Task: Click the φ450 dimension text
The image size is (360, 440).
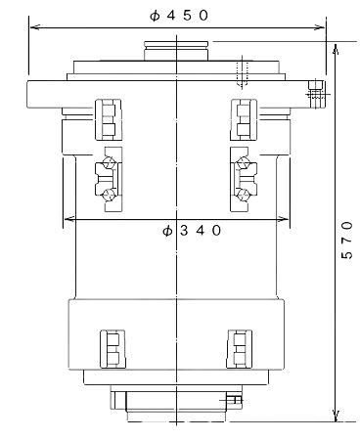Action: (x=179, y=16)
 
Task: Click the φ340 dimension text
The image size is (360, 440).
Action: (x=192, y=231)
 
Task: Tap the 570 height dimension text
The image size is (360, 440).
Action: (x=347, y=240)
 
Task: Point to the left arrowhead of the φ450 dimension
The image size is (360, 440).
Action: (x=34, y=27)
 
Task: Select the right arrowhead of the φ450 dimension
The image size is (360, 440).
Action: (x=320, y=27)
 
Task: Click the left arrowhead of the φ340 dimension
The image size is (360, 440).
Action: (x=69, y=219)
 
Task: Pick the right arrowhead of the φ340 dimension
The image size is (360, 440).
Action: (x=283, y=219)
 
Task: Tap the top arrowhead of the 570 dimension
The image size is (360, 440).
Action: (x=336, y=48)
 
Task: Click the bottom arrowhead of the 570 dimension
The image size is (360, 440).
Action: (x=336, y=417)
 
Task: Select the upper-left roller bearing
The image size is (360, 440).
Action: (x=109, y=119)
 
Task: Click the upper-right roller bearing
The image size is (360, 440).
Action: (x=244, y=119)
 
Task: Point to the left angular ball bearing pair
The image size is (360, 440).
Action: (x=109, y=179)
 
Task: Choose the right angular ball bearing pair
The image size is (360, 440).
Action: (x=244, y=179)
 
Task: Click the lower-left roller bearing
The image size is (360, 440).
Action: (x=112, y=349)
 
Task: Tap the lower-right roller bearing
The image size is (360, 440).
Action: (x=240, y=349)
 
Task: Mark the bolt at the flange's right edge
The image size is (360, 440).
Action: (x=316, y=95)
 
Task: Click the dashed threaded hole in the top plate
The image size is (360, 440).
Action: (x=242, y=71)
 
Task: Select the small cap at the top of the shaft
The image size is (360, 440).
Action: (x=176, y=51)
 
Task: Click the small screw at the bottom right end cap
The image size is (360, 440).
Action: (x=233, y=399)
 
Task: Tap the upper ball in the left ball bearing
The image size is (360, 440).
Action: (x=108, y=163)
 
